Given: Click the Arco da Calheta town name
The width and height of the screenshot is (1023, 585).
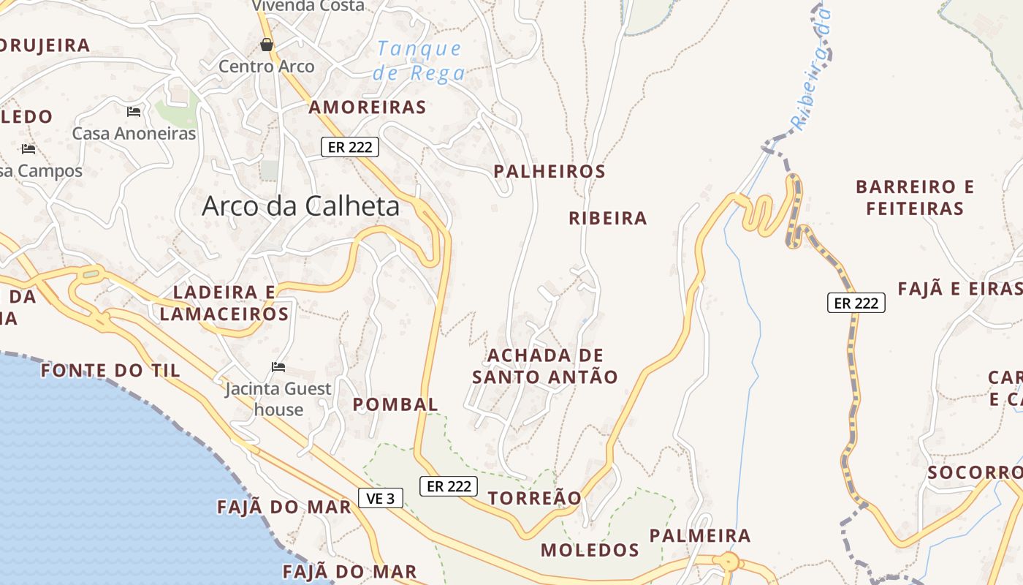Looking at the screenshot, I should tap(300, 205).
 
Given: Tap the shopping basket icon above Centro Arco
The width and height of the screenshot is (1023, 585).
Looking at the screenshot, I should tap(267, 45).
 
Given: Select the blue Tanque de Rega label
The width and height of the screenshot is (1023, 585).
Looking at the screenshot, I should tap(419, 61).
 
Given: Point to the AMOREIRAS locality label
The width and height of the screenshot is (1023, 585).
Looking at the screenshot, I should tap(367, 107).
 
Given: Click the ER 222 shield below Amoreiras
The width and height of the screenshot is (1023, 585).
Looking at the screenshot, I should tap(351, 147).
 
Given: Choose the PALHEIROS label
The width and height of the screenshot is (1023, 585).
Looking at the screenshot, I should tap(549, 172).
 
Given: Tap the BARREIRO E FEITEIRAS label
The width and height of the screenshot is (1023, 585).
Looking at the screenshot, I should tap(914, 197).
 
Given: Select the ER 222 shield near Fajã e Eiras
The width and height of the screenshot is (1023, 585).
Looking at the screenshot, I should tap(856, 303).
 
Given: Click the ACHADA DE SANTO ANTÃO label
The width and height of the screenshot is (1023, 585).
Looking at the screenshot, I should tap(544, 366).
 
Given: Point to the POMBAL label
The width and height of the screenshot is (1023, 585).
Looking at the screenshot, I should tap(395, 404).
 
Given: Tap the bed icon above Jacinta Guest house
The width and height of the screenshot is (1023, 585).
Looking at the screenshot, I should tap(278, 367).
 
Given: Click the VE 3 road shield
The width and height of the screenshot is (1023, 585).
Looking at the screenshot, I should tap(381, 499).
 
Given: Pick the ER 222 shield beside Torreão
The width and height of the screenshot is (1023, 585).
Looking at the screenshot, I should tap(448, 486).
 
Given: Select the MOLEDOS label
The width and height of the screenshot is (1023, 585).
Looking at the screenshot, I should tap(590, 550).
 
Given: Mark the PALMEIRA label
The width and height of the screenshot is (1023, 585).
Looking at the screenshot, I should tap(699, 536).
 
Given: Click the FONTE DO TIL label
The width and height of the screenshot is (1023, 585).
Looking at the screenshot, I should tap(110, 371).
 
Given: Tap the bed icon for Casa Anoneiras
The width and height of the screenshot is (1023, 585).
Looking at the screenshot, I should tap(134, 112).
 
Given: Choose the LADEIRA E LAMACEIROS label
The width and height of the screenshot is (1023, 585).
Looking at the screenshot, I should tap(224, 303).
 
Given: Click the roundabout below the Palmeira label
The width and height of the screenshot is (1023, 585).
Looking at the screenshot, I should tap(729, 562).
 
